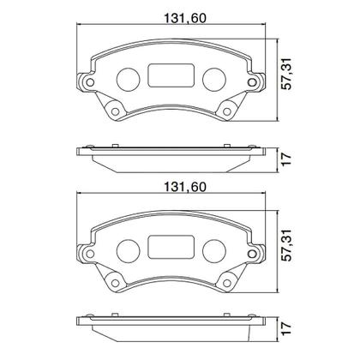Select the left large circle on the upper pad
click(x=127, y=77)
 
